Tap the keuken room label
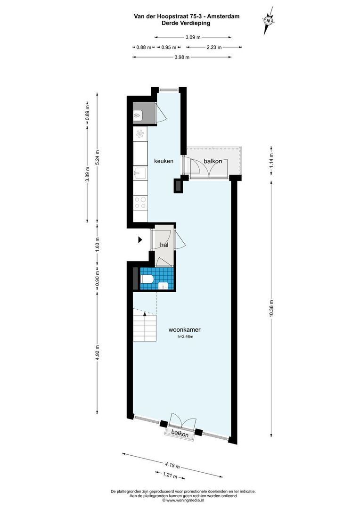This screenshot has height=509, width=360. (164, 161)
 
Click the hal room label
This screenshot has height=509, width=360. (164, 245)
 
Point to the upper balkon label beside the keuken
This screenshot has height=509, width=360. (213, 161)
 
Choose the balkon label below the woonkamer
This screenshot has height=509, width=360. (180, 434)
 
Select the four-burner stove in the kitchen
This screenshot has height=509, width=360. (140, 203)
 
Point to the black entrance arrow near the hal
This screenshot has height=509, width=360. (139, 240)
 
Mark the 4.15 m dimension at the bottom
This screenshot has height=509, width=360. (172, 465)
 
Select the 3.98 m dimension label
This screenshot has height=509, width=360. (182, 57)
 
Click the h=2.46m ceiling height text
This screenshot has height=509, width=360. (185, 337)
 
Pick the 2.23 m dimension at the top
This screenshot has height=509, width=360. (214, 47)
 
